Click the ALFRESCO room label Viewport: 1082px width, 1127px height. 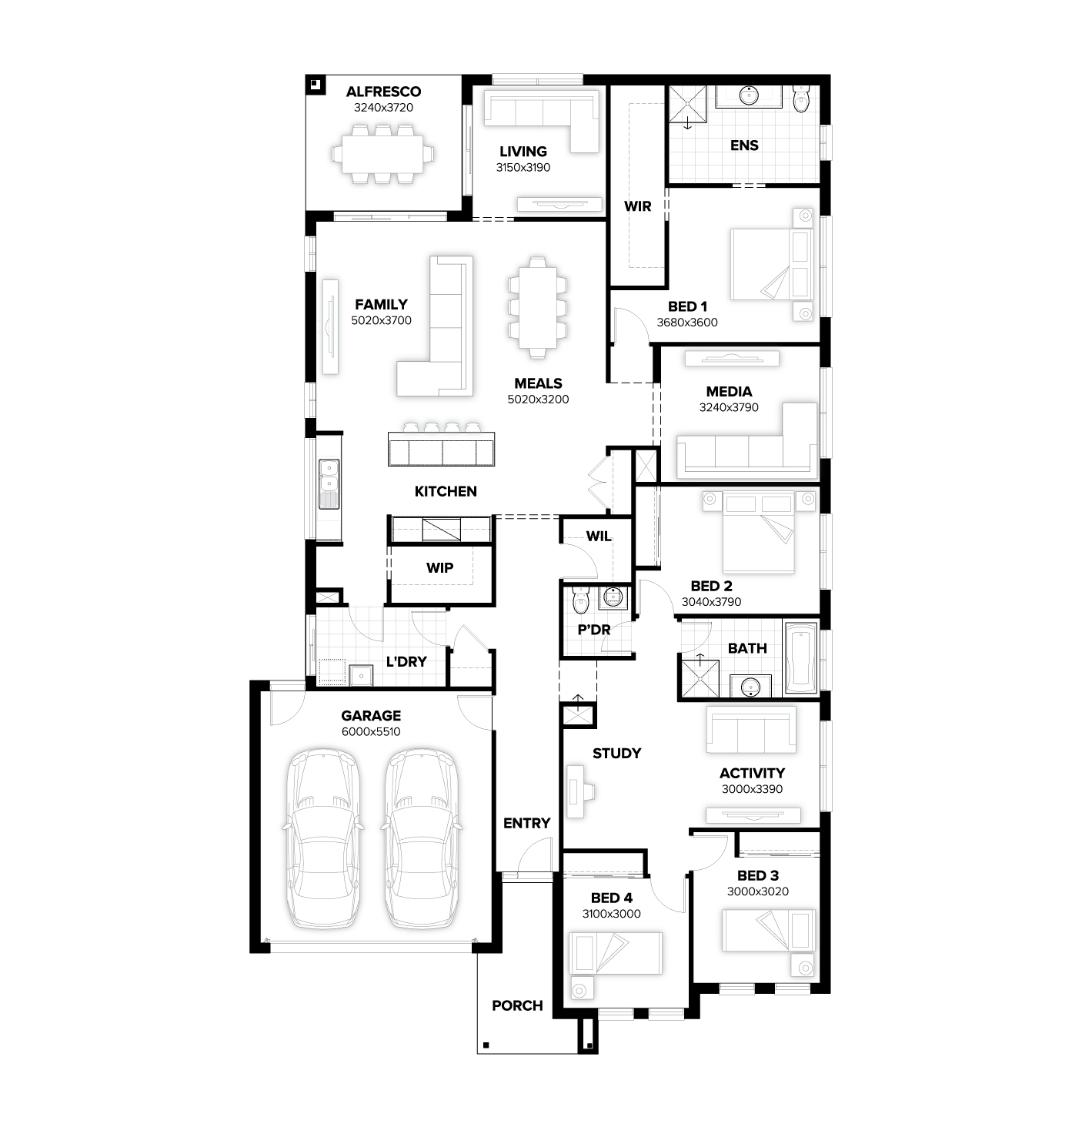click(x=383, y=92)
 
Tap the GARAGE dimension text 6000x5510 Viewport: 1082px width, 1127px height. click(x=370, y=731)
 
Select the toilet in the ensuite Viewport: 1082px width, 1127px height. click(x=801, y=99)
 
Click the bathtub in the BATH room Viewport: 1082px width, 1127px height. click(x=800, y=657)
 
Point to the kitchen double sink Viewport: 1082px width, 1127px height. click(x=329, y=484)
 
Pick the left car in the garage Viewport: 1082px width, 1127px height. click(x=324, y=839)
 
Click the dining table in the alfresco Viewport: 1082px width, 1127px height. click(x=382, y=154)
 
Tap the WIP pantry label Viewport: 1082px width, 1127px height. click(x=439, y=567)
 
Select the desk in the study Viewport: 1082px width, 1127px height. click(x=576, y=791)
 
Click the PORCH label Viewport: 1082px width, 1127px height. click(x=517, y=1005)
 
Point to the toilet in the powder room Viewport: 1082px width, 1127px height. click(x=579, y=600)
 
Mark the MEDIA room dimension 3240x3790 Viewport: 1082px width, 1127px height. click(x=728, y=407)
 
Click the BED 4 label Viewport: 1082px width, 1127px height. click(x=611, y=898)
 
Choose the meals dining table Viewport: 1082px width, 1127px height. click(x=537, y=307)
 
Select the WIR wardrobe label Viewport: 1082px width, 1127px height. click(x=637, y=206)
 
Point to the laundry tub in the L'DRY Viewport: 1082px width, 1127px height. click(x=361, y=675)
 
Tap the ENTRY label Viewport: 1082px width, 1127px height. click(x=526, y=823)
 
